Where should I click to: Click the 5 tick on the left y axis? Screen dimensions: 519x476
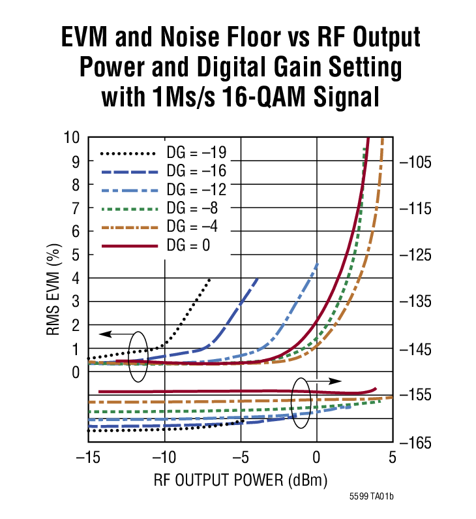[x=75, y=255]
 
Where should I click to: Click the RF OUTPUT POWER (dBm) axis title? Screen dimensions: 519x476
[x=240, y=480]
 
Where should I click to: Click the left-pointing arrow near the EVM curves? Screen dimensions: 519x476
[x=113, y=334]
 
